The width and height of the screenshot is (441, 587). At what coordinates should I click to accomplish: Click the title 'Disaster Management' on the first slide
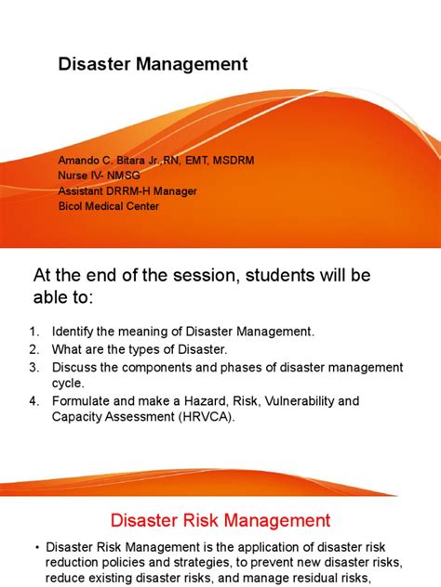(154, 64)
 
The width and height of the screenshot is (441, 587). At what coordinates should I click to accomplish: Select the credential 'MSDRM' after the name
(229, 161)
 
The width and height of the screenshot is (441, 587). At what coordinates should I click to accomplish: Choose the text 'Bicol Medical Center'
(109, 205)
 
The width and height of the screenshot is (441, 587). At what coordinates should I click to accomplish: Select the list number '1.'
(34, 332)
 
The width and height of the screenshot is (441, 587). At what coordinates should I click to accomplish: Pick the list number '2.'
(34, 349)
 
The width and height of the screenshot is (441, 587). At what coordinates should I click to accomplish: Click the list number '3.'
(34, 368)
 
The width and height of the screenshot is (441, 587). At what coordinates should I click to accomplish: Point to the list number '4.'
(34, 401)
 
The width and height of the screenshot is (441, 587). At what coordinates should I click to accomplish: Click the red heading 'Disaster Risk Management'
(220, 521)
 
